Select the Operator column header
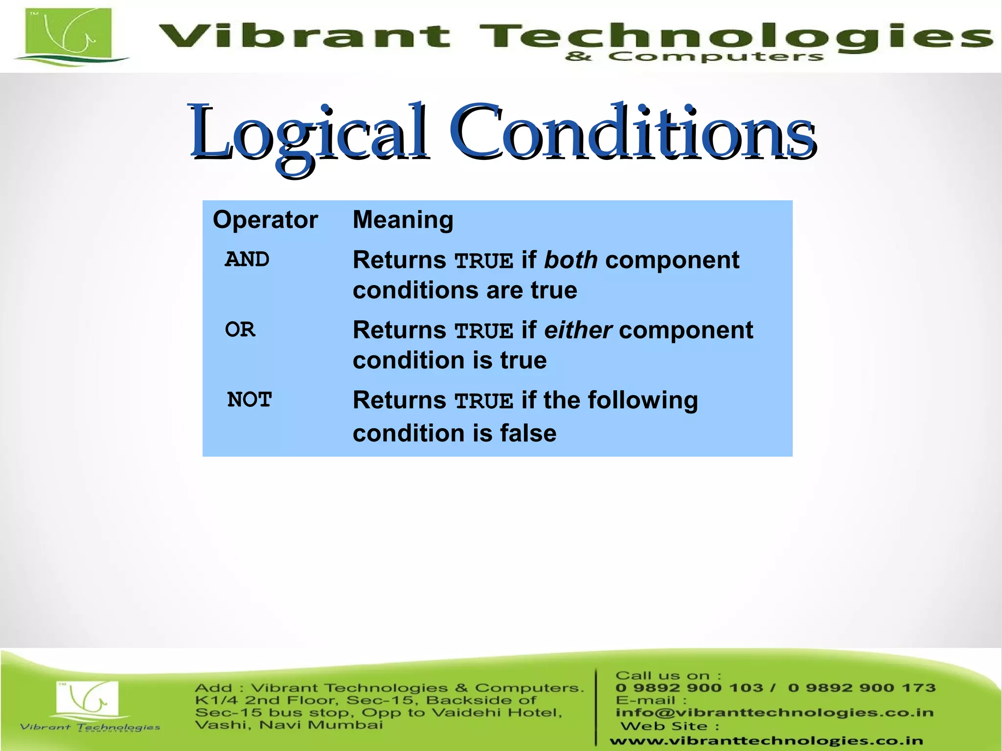click(265, 220)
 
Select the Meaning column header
click(403, 220)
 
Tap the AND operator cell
click(247, 260)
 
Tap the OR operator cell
click(240, 330)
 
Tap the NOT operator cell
click(249, 400)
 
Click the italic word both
click(570, 260)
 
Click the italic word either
click(577, 330)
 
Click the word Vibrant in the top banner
click(303, 37)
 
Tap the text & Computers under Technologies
click(694, 57)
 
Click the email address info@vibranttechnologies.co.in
click(774, 712)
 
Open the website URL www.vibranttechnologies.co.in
click(766, 741)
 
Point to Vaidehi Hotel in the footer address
click(497, 712)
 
